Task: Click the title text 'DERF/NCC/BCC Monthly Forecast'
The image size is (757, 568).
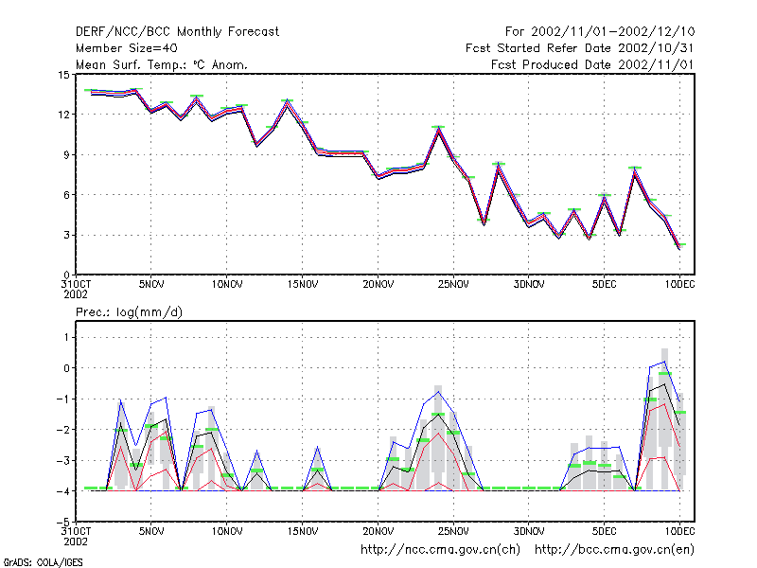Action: click(177, 32)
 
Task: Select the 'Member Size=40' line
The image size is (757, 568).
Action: click(127, 48)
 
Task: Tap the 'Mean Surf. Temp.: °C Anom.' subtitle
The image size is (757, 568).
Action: click(161, 64)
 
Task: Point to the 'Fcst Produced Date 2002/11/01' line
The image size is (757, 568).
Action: click(592, 64)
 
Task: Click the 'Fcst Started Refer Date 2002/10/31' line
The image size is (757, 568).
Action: click(580, 48)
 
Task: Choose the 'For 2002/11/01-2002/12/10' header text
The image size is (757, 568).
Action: click(600, 32)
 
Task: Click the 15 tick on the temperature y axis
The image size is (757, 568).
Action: click(63, 75)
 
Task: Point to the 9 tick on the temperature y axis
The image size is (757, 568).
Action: click(66, 154)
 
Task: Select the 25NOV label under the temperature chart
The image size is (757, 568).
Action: click(453, 284)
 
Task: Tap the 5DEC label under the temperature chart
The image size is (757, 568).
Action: click(604, 284)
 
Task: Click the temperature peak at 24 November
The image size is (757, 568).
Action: click(438, 129)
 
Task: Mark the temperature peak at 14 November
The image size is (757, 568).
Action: click(288, 102)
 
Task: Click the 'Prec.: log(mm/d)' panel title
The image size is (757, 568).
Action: click(129, 312)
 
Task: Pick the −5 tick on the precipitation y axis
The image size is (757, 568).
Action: click(63, 522)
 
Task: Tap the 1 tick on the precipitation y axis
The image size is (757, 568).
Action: click(66, 337)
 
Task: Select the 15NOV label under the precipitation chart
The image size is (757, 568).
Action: click(303, 531)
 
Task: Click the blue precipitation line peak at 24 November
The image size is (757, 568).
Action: click(438, 391)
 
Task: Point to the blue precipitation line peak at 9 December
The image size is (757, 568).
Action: click(665, 362)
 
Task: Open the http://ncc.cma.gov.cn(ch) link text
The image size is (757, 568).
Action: click(440, 550)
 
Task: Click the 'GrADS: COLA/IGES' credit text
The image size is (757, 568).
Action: click(43, 562)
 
